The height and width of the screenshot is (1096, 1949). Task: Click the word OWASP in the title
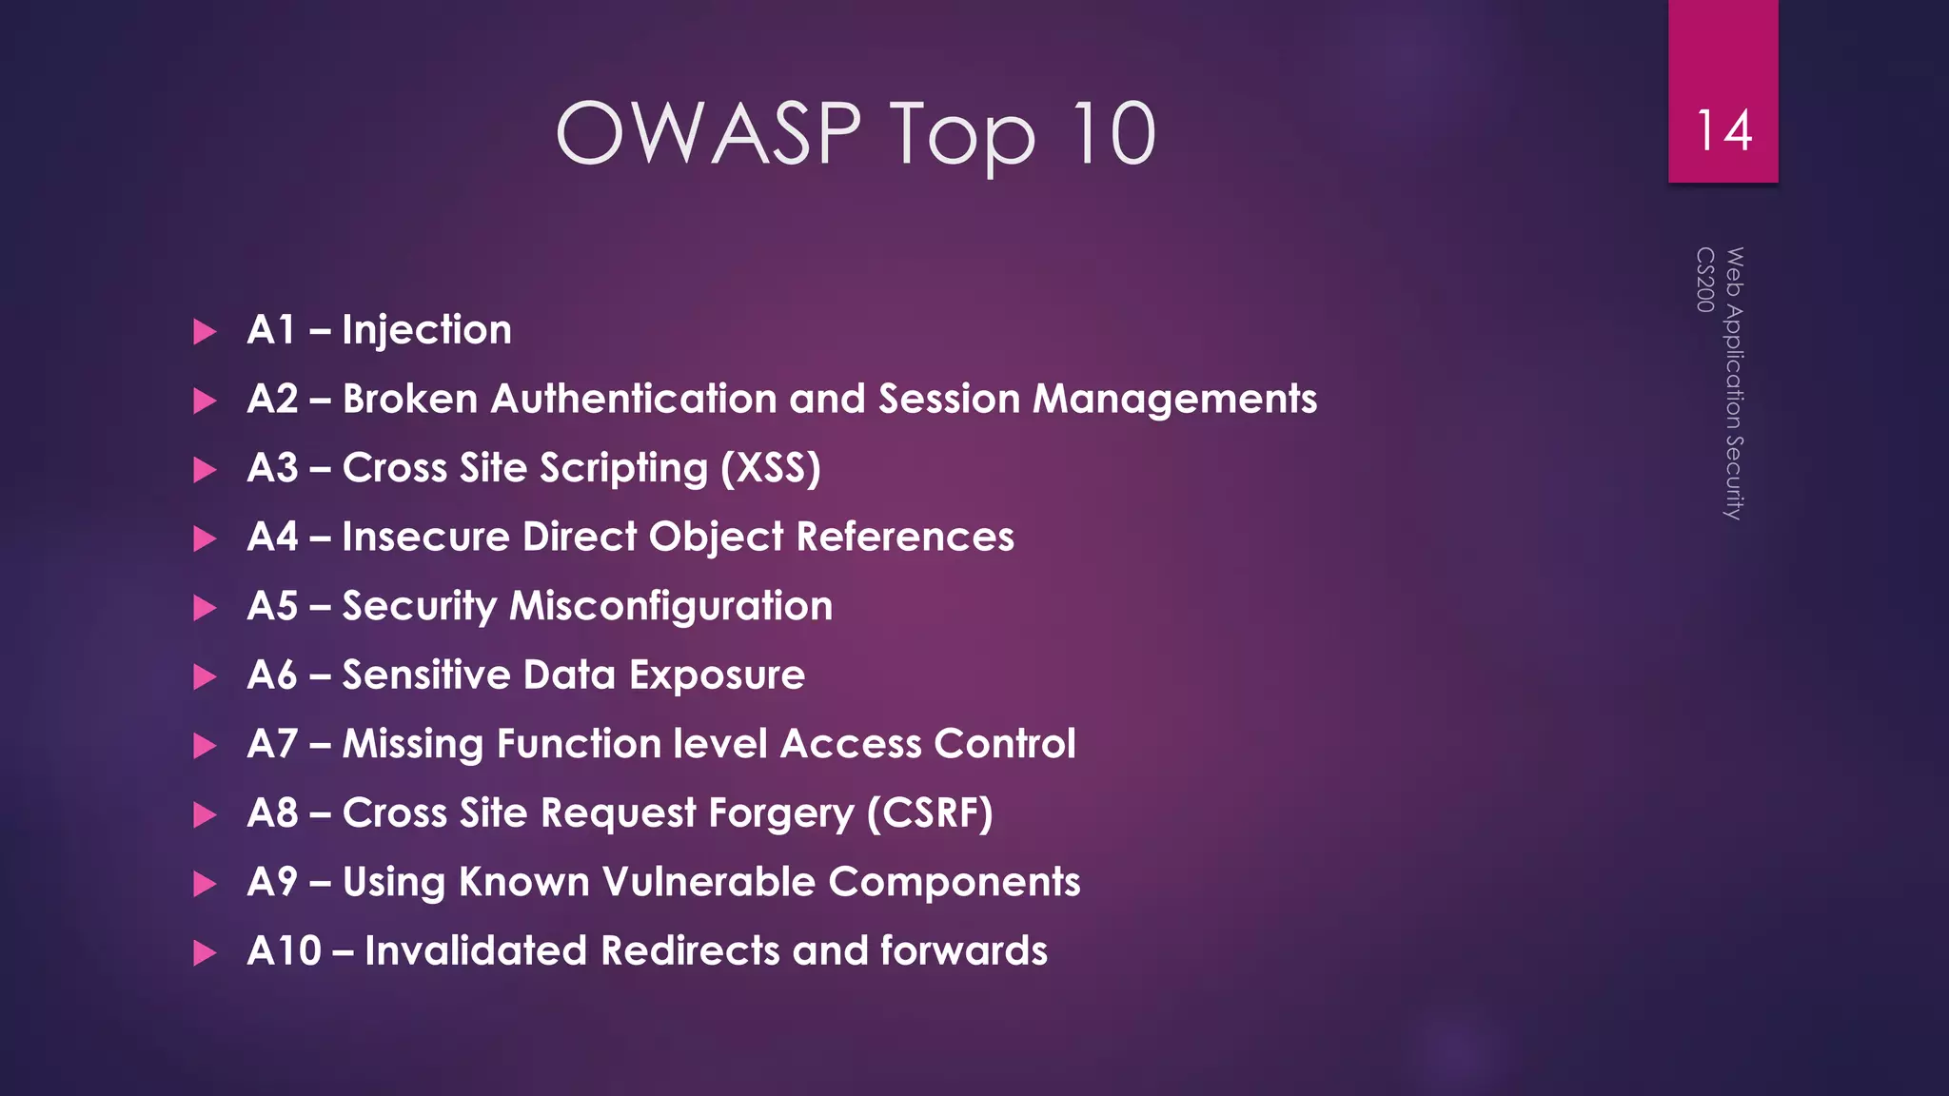[x=708, y=133]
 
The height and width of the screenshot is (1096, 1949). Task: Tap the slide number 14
[x=1723, y=130]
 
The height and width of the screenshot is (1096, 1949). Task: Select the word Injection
[x=426, y=330]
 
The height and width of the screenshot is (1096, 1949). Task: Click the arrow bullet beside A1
[x=205, y=332]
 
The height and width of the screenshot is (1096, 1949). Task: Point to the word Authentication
[x=634, y=399]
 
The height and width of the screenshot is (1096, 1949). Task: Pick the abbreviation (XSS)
[x=770, y=468]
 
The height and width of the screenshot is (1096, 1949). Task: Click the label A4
[x=272, y=537]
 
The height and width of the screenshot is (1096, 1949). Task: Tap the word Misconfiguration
[x=671, y=606]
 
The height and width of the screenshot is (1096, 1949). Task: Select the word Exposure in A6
[x=717, y=675]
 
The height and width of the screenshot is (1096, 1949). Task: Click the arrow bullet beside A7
[x=205, y=746]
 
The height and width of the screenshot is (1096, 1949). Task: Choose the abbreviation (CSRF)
[x=929, y=813]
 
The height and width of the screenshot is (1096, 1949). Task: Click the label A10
[x=284, y=951]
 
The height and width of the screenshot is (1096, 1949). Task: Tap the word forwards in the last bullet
[x=963, y=951]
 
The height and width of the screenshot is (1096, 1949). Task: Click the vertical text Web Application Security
[x=1734, y=383]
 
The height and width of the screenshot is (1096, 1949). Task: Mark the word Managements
[x=1174, y=399]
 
